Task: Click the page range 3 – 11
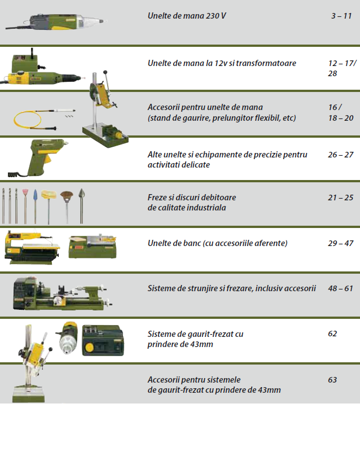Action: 341,16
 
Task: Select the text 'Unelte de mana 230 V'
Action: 187,16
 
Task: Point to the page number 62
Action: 332,334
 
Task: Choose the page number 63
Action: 332,380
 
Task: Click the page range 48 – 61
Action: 341,288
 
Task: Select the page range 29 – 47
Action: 341,243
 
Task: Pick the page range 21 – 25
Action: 341,198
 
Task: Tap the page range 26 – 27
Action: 341,155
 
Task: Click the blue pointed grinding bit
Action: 36,205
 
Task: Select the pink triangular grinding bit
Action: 25,205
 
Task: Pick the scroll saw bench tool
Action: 32,247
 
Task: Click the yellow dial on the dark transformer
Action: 89,346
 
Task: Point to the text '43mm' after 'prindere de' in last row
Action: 269,390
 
